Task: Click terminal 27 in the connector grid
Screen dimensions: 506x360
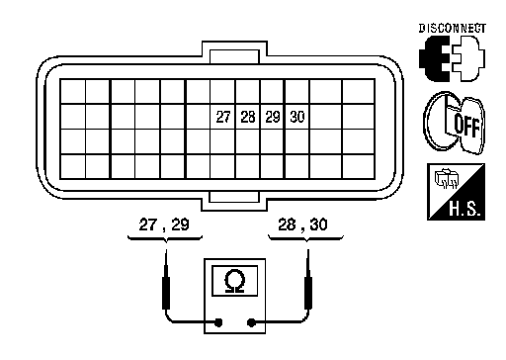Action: coord(223,117)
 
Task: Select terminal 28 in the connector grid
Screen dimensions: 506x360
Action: coord(248,117)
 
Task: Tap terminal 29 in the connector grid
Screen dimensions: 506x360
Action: coord(273,117)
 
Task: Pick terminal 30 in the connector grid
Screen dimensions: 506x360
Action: coord(297,117)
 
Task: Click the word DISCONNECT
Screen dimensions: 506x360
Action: coord(453,29)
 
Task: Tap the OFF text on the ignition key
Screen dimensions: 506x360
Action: coord(466,126)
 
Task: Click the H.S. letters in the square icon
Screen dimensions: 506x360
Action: coord(466,209)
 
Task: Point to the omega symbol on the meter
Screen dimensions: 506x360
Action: coord(234,281)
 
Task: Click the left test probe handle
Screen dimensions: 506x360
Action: coord(166,293)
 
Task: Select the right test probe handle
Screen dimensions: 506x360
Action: coord(308,293)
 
